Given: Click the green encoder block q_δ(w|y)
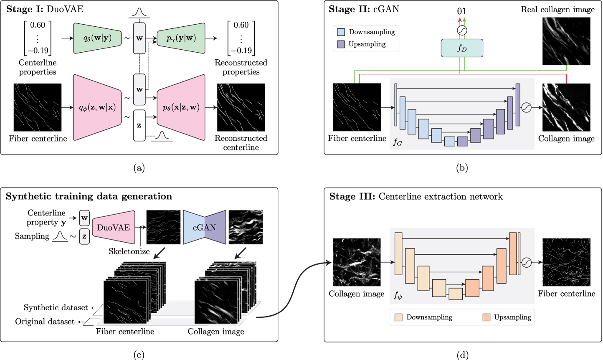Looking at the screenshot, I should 97,38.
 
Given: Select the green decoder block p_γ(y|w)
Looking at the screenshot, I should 181,38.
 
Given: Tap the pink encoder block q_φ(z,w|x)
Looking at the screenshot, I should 97,108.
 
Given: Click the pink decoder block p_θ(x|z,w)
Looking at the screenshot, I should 181,108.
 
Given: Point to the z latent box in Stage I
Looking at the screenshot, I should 139,125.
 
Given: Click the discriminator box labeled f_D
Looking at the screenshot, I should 462,48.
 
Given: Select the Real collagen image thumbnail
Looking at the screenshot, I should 566,41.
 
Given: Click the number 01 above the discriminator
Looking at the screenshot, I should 462,11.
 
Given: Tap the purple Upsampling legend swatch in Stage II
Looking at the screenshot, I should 341,44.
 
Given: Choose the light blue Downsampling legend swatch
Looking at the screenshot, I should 341,32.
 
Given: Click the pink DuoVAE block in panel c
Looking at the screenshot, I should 114,228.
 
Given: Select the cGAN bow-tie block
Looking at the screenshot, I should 205,228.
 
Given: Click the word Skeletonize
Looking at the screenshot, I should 129,251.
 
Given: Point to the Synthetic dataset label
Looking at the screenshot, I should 56,308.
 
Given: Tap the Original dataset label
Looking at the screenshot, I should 45,322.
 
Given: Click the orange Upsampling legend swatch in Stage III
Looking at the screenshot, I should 486,317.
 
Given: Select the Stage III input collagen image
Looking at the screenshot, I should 357,262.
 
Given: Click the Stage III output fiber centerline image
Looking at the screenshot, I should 566,262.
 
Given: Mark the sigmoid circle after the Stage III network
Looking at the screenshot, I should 527,263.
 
